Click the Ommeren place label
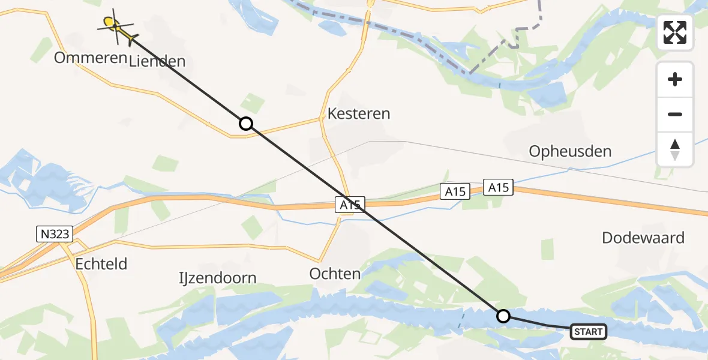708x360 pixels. (91, 58)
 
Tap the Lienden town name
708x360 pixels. (157, 61)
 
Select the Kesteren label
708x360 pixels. (359, 113)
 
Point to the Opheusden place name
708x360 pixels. (570, 151)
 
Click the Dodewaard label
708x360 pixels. (643, 238)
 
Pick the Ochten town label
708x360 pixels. (335, 274)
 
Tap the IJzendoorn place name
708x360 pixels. (218, 278)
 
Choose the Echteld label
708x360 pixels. (101, 263)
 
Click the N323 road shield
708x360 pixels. (53, 235)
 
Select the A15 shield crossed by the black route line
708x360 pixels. (350, 205)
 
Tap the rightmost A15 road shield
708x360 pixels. (499, 188)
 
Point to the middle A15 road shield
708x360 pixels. (455, 191)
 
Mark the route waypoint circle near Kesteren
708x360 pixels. (245, 124)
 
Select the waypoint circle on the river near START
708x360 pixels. (503, 316)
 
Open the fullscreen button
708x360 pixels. (675, 32)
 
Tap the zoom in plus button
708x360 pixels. (675, 79)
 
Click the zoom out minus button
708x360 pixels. (675, 114)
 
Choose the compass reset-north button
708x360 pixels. (675, 149)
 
